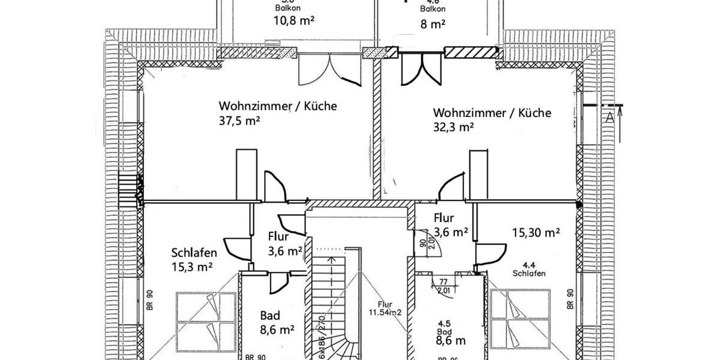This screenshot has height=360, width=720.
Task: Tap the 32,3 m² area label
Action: tap(454, 127)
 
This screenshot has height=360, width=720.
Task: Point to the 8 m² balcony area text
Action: tap(432, 25)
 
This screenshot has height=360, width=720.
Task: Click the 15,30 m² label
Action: tap(536, 232)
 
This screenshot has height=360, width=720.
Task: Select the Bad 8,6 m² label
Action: tap(277, 322)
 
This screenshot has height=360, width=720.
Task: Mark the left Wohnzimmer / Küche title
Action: tap(278, 106)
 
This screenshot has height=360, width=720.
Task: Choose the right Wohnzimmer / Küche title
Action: tap(492, 113)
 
